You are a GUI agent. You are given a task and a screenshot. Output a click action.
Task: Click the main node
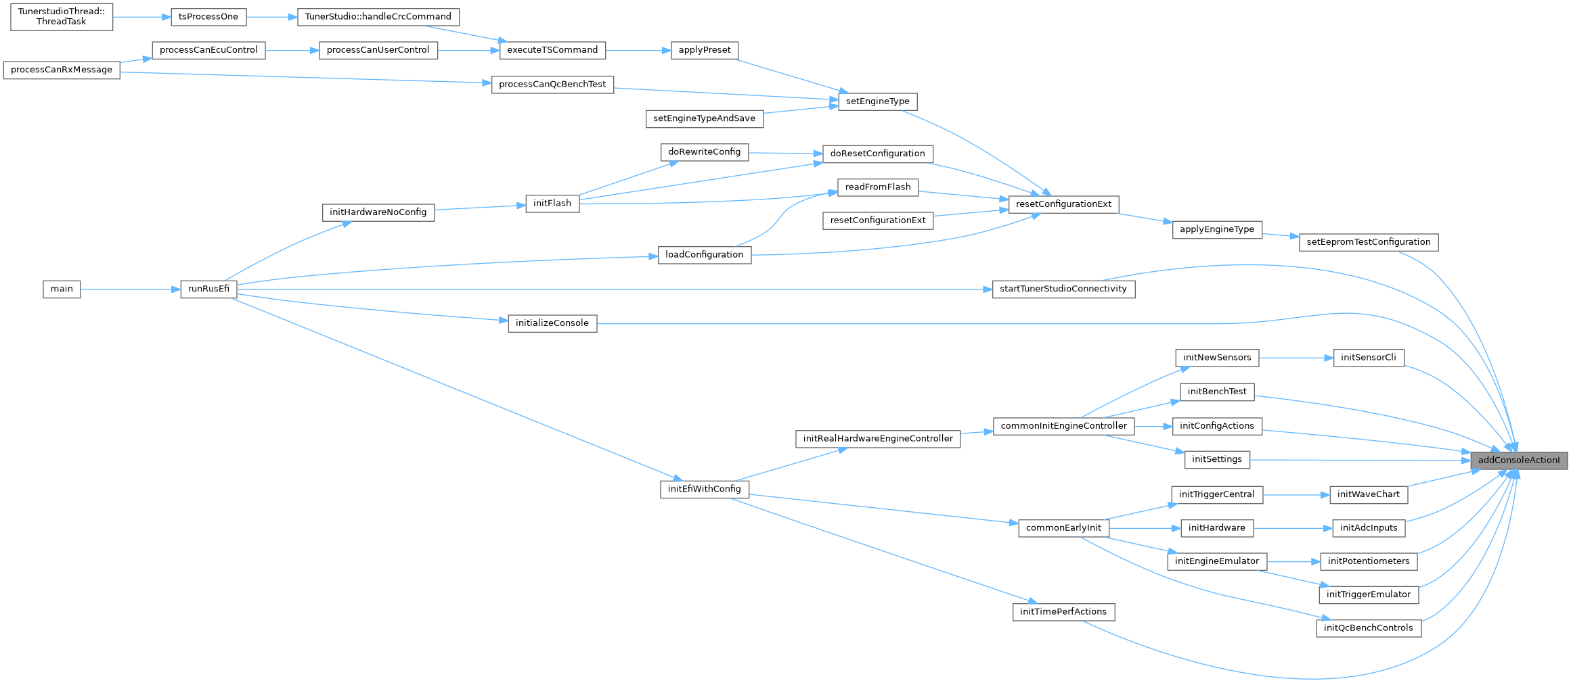(62, 289)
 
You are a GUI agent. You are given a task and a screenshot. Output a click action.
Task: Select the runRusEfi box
(208, 289)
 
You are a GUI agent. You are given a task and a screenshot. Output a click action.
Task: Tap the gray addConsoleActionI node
(1519, 461)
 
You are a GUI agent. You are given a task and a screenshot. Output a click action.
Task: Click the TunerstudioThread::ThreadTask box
(62, 16)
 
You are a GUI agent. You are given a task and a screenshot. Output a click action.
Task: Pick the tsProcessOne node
(208, 17)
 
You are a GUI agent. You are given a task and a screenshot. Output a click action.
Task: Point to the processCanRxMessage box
(62, 70)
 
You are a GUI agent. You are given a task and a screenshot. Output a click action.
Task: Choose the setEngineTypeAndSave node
(704, 119)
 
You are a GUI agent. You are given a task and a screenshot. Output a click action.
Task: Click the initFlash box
(552, 204)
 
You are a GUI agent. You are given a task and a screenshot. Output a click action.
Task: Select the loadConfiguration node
(704, 255)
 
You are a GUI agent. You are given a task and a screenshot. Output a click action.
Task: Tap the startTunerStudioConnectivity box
(1063, 289)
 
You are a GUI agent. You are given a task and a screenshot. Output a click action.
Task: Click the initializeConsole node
(552, 324)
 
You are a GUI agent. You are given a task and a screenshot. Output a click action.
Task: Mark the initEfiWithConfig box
(704, 489)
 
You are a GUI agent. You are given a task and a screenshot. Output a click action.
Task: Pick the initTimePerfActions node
(1063, 612)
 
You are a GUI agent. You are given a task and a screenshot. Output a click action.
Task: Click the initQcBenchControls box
(1368, 628)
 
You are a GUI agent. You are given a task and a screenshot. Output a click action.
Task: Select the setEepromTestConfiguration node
(1368, 243)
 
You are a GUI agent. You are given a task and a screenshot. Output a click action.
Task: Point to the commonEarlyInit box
(1063, 528)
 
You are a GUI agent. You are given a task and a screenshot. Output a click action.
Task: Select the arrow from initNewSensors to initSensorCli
(1296, 358)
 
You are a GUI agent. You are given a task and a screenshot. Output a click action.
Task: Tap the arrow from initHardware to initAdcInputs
(1292, 528)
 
